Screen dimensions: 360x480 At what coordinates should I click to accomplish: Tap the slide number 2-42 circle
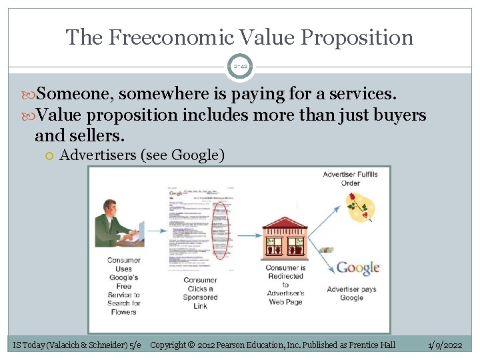239,67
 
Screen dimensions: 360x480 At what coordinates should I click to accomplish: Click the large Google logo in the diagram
358,268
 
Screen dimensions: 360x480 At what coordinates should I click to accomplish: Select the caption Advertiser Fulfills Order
350,179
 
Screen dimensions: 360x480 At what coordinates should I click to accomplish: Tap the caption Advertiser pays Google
351,293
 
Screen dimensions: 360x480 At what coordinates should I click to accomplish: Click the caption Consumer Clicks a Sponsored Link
200,293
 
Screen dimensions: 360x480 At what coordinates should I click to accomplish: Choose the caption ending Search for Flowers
123,286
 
